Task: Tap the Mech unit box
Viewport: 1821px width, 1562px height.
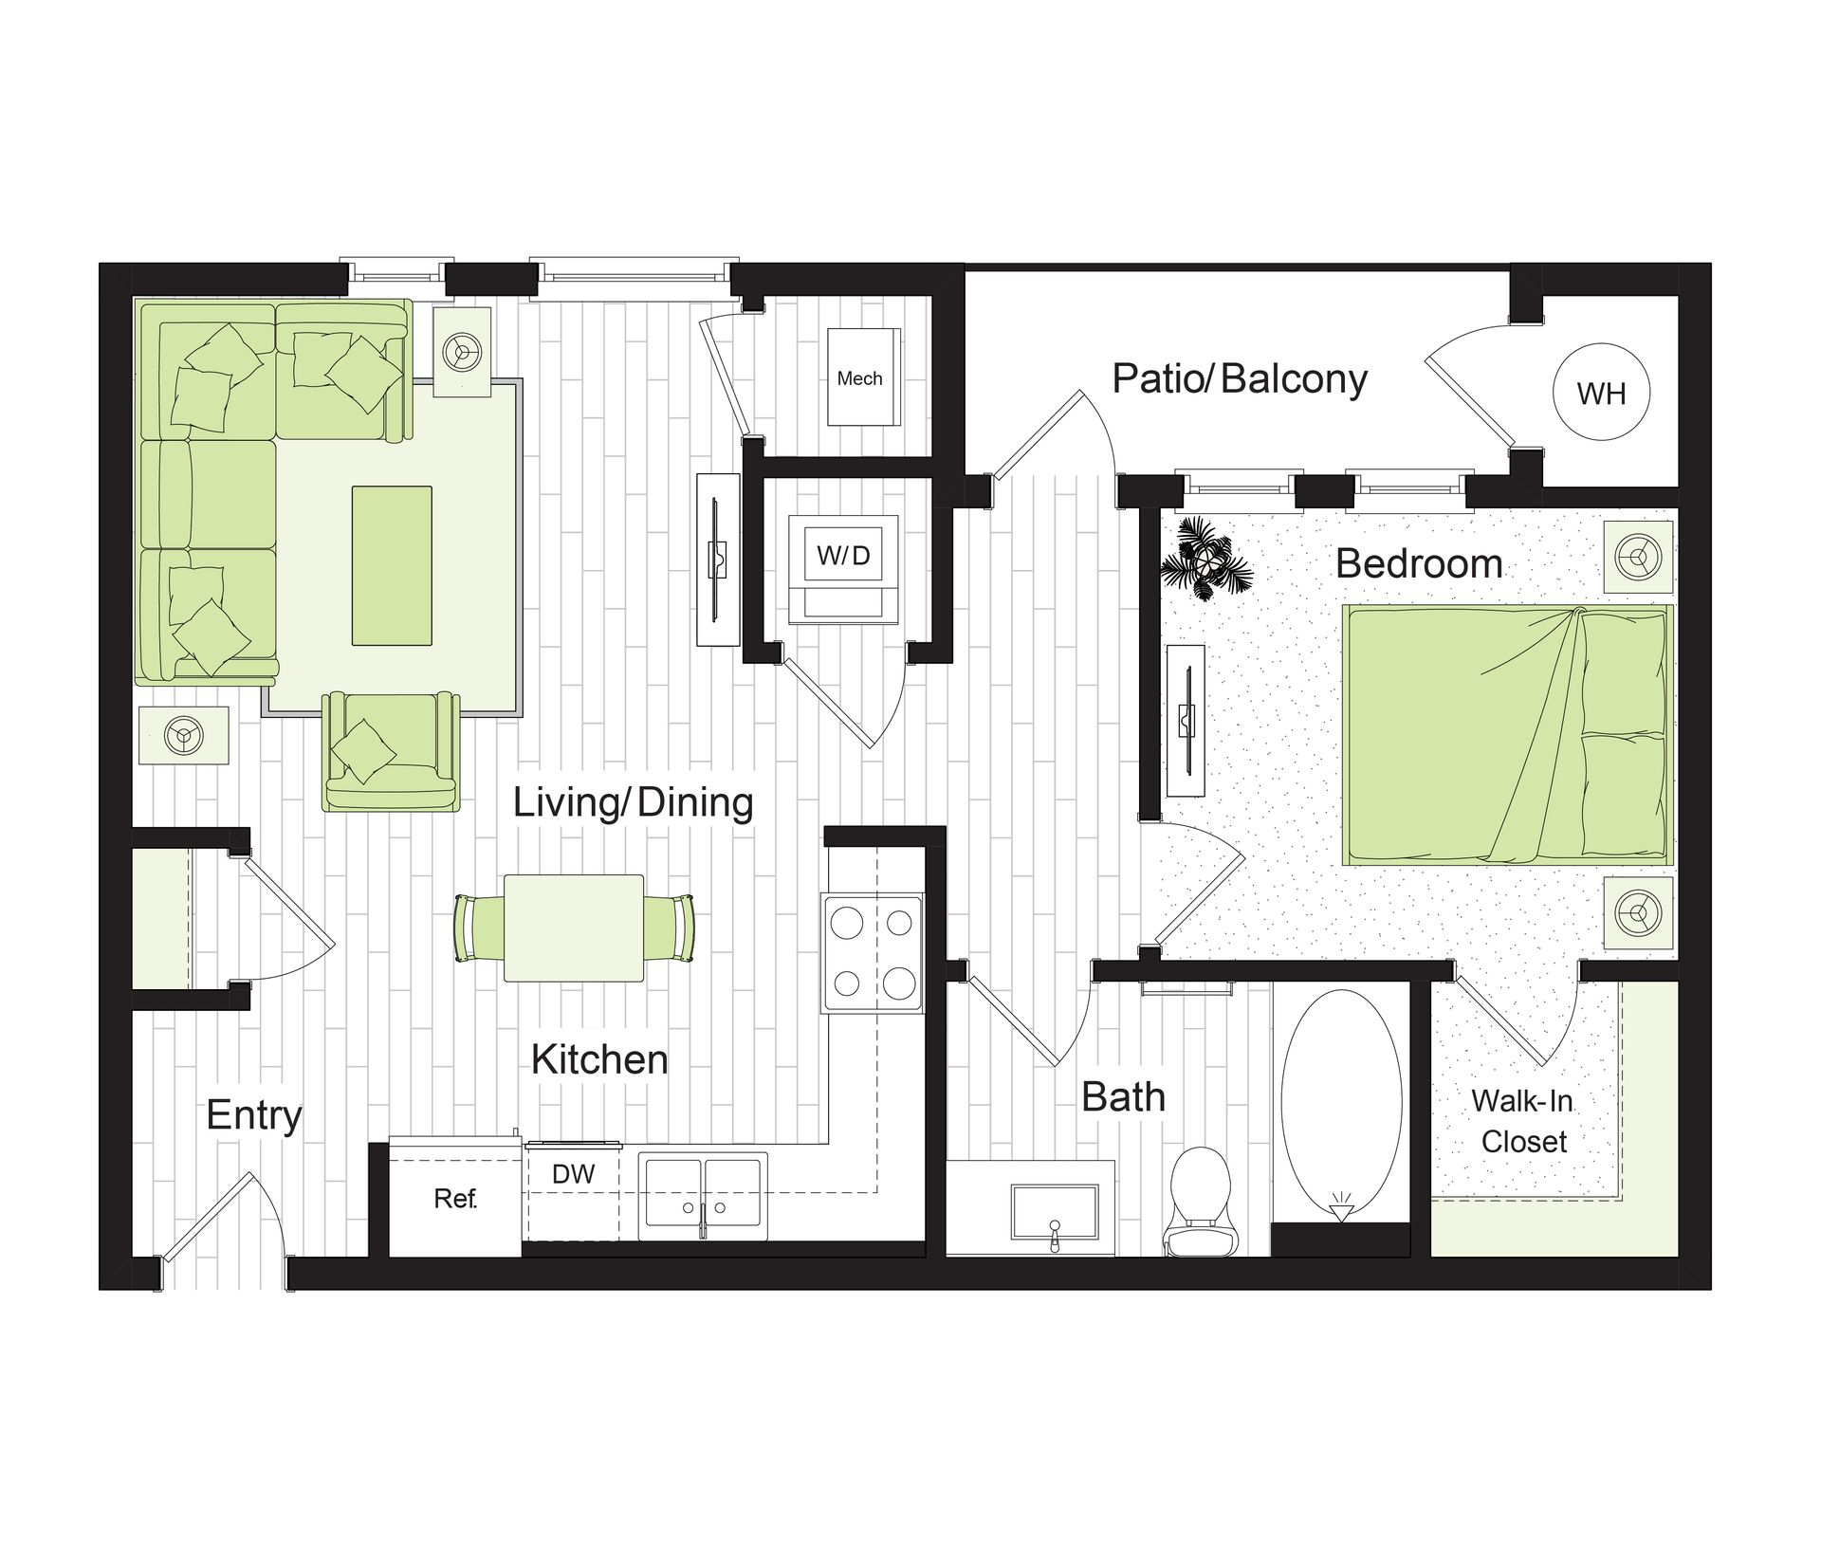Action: (863, 377)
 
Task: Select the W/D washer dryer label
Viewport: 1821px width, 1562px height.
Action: (844, 556)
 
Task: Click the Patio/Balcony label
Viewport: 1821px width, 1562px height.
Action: (1240, 378)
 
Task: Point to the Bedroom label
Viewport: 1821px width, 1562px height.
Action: (1419, 563)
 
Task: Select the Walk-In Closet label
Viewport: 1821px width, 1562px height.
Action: (1523, 1121)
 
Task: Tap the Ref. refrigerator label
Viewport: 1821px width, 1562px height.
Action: (455, 1199)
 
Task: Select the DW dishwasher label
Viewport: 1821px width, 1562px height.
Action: (573, 1174)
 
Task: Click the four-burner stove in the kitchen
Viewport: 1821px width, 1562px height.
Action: (873, 952)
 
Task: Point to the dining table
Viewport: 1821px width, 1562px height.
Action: (574, 928)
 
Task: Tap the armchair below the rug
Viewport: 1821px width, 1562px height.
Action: (391, 751)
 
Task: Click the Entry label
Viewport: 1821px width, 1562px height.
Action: (253, 1115)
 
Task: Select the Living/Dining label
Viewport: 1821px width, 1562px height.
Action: (633, 802)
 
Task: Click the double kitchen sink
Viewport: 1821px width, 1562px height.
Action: (703, 1195)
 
